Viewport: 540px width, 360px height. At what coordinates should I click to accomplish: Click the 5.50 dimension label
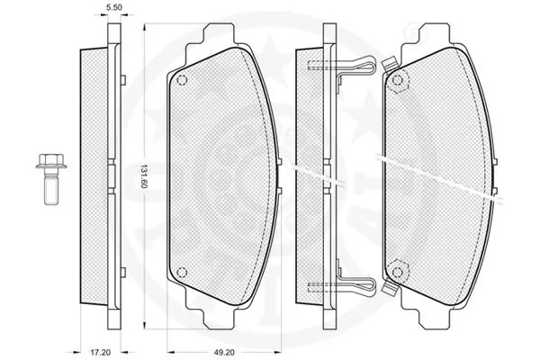point(114,7)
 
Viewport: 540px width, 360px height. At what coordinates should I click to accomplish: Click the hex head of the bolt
point(51,161)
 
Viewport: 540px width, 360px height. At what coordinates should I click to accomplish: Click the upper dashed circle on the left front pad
point(182,80)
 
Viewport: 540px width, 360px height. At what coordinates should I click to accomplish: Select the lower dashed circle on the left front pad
point(182,273)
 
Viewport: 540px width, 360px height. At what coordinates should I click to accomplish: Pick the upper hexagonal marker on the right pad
point(398,81)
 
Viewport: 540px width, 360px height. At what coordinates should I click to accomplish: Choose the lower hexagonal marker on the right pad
point(398,272)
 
